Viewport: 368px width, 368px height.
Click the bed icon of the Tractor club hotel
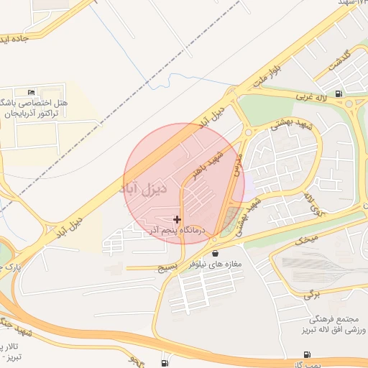[x=30, y=93]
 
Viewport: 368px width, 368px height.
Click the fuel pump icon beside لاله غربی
[x=339, y=93]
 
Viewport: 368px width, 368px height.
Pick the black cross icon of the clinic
[x=178, y=218]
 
